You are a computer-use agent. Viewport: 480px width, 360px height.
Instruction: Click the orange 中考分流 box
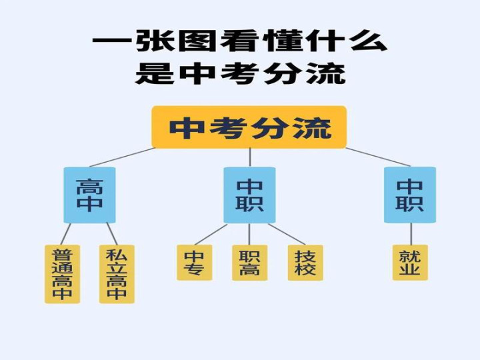click(249, 127)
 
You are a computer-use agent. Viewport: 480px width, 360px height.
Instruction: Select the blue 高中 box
click(89, 195)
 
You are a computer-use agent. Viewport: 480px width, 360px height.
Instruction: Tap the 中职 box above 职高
click(249, 195)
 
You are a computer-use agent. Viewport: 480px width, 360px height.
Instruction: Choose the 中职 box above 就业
click(409, 195)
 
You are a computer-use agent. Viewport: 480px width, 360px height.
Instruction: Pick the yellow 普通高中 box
click(63, 274)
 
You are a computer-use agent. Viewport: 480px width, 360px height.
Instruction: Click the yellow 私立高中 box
click(117, 274)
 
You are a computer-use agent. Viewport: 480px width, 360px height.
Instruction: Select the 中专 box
click(195, 263)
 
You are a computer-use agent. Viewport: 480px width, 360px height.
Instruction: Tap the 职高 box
click(249, 263)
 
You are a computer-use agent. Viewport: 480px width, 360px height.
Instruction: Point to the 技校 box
click(305, 263)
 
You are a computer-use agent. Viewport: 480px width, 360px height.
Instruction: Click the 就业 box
click(410, 263)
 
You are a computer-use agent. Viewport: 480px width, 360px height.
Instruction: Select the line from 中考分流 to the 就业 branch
click(378, 157)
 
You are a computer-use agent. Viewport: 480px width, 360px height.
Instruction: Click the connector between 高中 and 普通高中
click(65, 234)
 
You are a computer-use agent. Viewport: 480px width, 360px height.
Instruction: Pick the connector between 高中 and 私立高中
click(112, 234)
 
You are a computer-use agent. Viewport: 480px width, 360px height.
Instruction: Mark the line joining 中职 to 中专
click(211, 234)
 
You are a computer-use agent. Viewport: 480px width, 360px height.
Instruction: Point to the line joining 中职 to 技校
click(287, 234)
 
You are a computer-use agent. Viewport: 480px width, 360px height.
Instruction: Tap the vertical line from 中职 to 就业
click(410, 234)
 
